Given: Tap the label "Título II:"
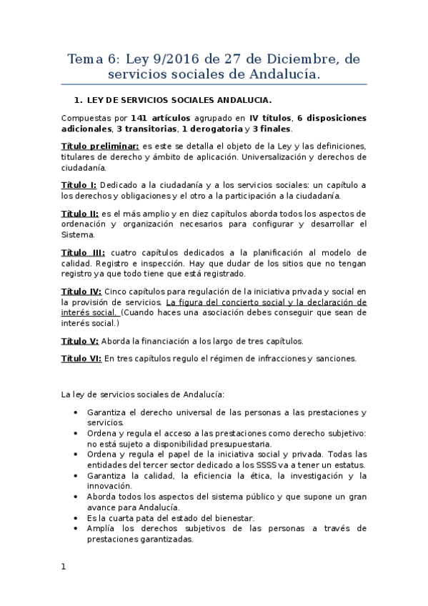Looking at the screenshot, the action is click(x=80, y=213).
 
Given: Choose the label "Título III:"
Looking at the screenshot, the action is click(x=84, y=252).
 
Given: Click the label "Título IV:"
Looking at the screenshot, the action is click(x=81, y=292).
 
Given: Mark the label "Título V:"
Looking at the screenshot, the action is click(x=80, y=341).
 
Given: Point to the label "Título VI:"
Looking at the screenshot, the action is click(x=81, y=359).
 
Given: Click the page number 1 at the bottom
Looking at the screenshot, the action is click(x=64, y=566).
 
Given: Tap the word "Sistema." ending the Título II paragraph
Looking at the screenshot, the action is click(x=76, y=234).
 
